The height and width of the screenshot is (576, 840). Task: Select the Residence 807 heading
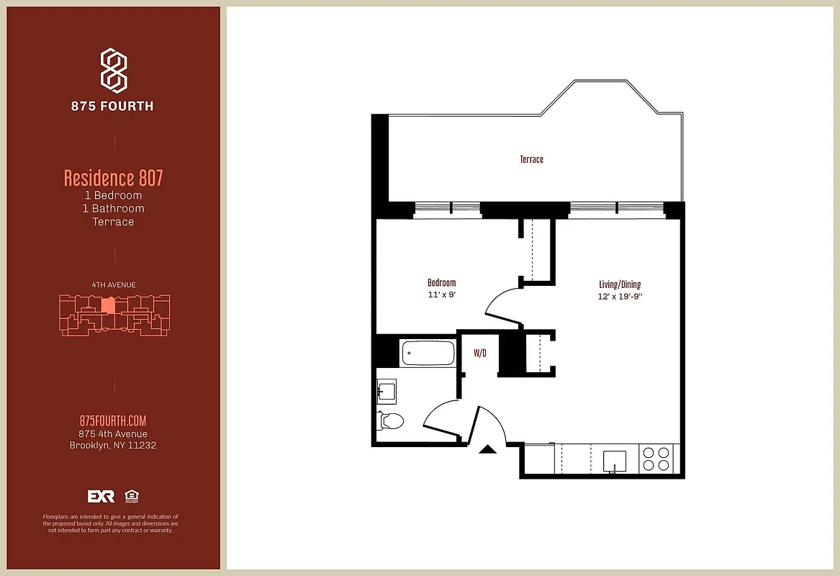tap(113, 177)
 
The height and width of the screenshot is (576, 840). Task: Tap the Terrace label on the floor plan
tap(531, 159)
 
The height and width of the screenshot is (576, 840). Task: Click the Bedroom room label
tap(441, 283)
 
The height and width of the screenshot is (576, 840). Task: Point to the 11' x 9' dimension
tap(441, 295)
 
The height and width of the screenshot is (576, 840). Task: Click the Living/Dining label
tap(619, 284)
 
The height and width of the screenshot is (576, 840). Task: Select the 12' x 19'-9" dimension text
tap(619, 297)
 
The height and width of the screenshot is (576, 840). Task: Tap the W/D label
tap(479, 354)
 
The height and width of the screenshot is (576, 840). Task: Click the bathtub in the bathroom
tap(428, 354)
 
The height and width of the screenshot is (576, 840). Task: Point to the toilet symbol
tap(391, 420)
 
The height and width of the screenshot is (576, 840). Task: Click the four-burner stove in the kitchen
tap(655, 459)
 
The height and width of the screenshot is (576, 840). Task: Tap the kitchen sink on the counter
tap(614, 459)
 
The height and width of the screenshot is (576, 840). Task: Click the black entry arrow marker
tap(487, 449)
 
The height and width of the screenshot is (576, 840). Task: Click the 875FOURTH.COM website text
tap(113, 421)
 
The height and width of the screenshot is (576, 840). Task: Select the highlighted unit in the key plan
tap(107, 305)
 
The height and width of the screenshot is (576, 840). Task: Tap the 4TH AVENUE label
tap(113, 285)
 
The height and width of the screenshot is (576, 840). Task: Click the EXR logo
tap(101, 496)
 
